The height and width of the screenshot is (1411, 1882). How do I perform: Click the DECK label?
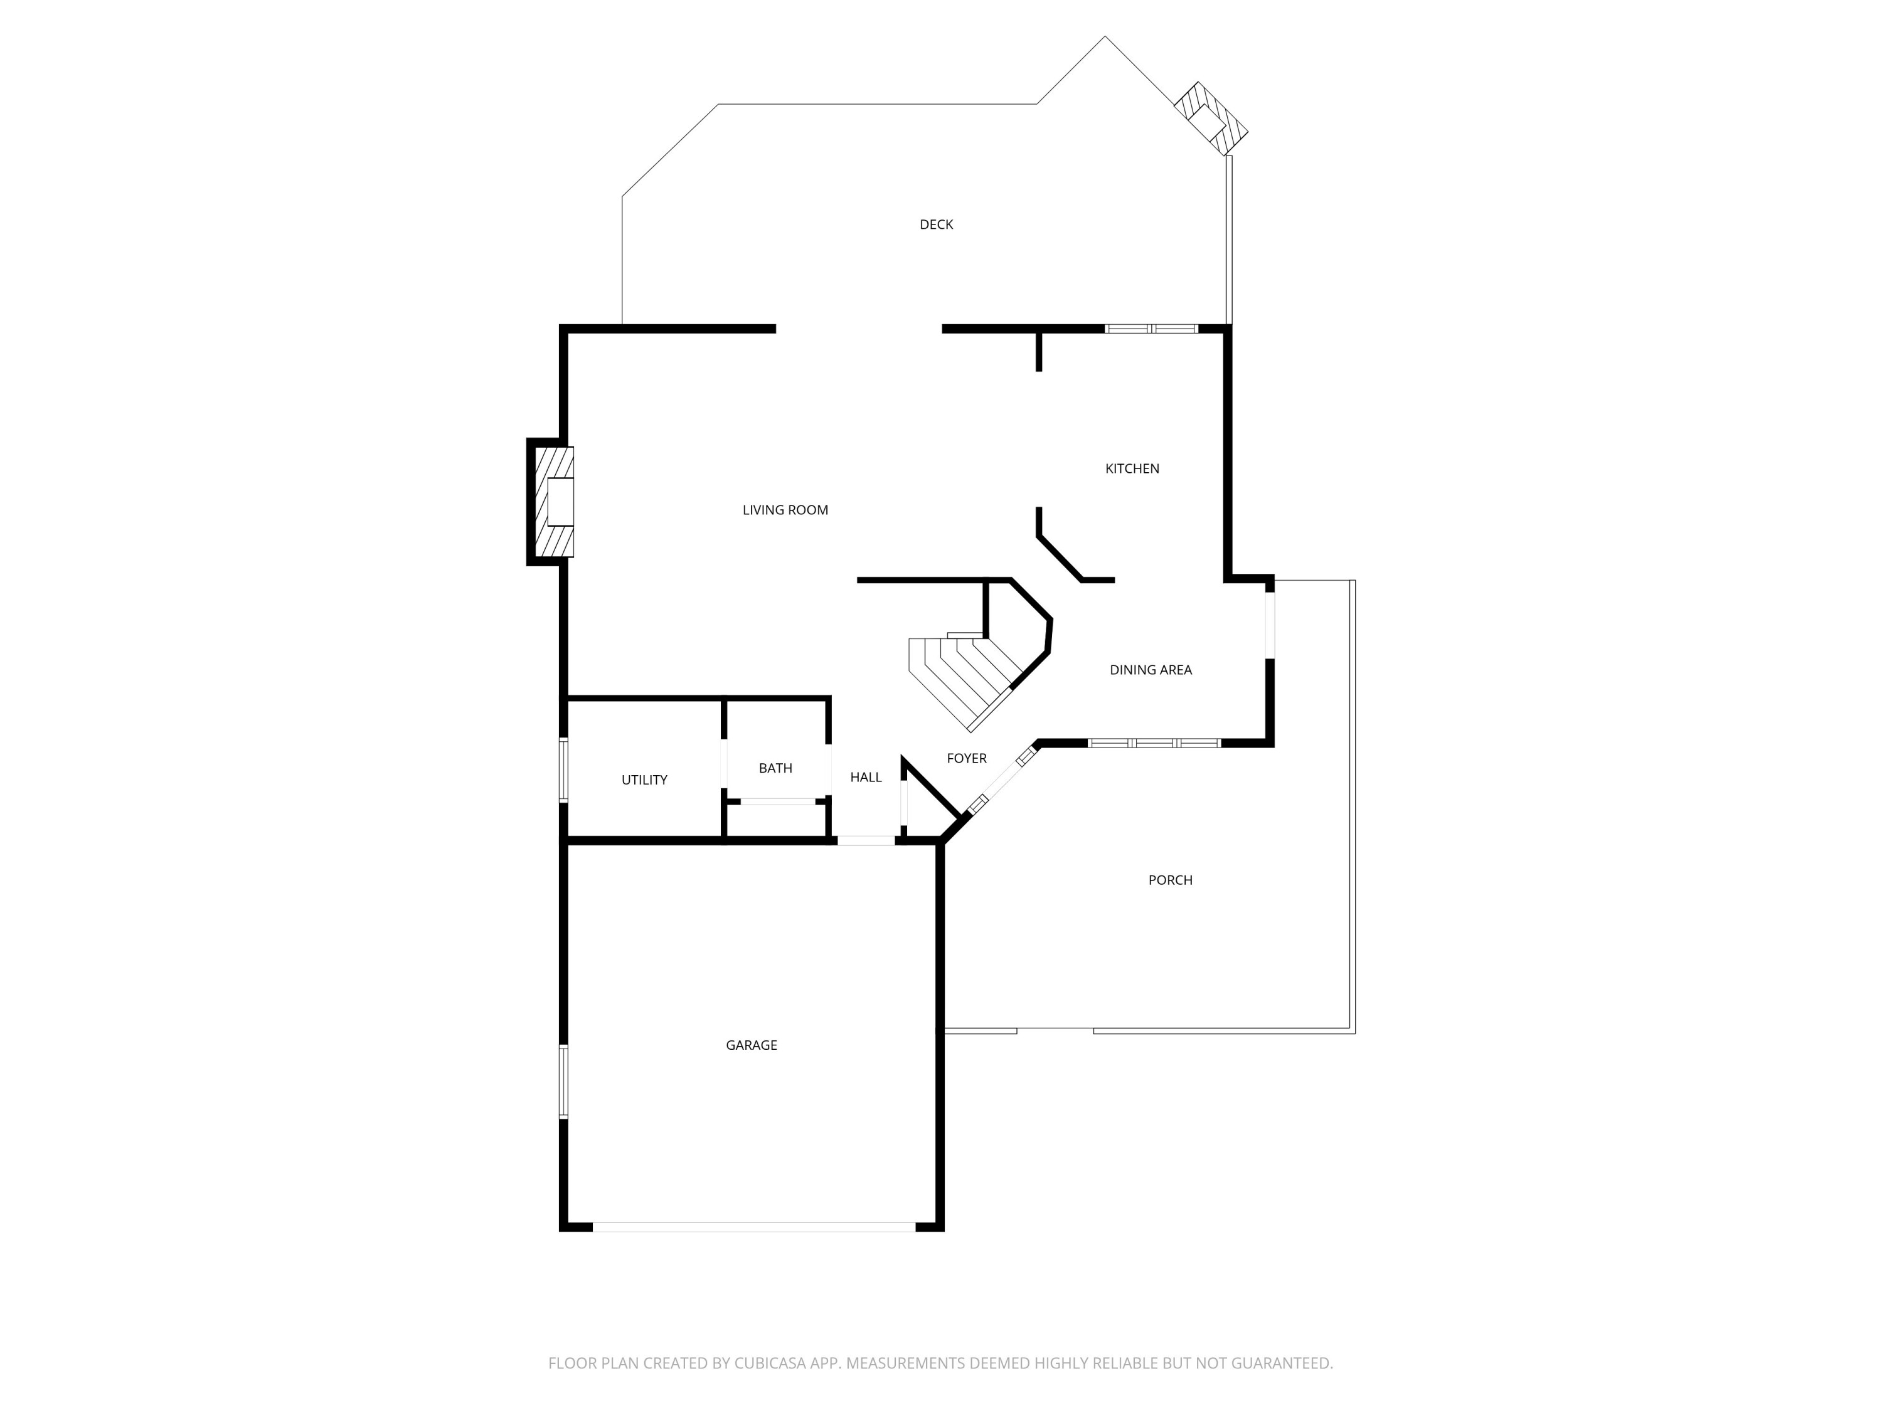coord(936,225)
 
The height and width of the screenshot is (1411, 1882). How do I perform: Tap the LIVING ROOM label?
coord(784,510)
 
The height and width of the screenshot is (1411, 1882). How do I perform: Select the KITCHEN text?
coord(1132,468)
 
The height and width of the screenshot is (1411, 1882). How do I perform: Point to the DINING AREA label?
coord(1151,670)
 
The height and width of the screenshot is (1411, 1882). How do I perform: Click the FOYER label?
coord(967,759)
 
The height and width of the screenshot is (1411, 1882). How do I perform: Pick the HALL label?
coord(865,778)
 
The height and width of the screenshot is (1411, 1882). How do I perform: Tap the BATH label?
coord(775,768)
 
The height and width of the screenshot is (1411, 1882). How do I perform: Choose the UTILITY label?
coord(644,780)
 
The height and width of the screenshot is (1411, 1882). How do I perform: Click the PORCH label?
coord(1170,880)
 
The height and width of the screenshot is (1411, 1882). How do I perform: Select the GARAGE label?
coord(752,1045)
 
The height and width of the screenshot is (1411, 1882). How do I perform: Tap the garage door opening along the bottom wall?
coord(754,1227)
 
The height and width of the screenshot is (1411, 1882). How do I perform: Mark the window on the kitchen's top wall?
coord(1151,329)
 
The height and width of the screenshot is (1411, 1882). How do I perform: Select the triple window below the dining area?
coord(1154,743)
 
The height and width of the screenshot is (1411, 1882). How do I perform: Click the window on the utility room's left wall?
coord(563,769)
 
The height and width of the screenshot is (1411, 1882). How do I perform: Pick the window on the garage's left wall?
coord(563,1081)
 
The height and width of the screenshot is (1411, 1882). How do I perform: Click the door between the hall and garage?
coord(866,840)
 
